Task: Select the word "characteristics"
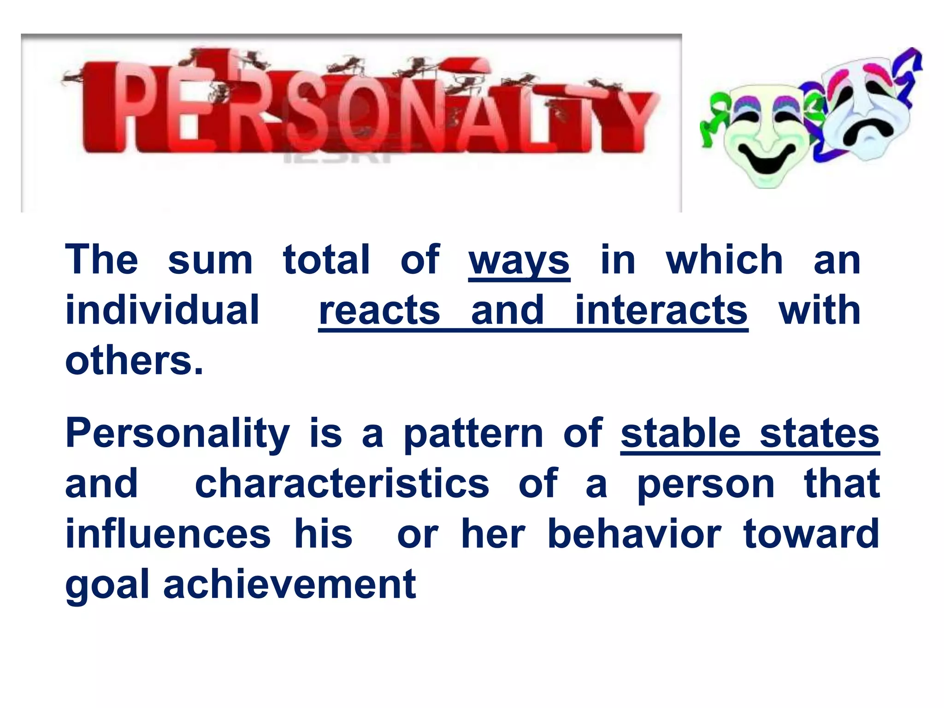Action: click(x=342, y=484)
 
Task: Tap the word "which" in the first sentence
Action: click(x=724, y=260)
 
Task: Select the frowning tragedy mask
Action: click(x=867, y=111)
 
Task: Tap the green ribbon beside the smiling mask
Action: click(x=712, y=122)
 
